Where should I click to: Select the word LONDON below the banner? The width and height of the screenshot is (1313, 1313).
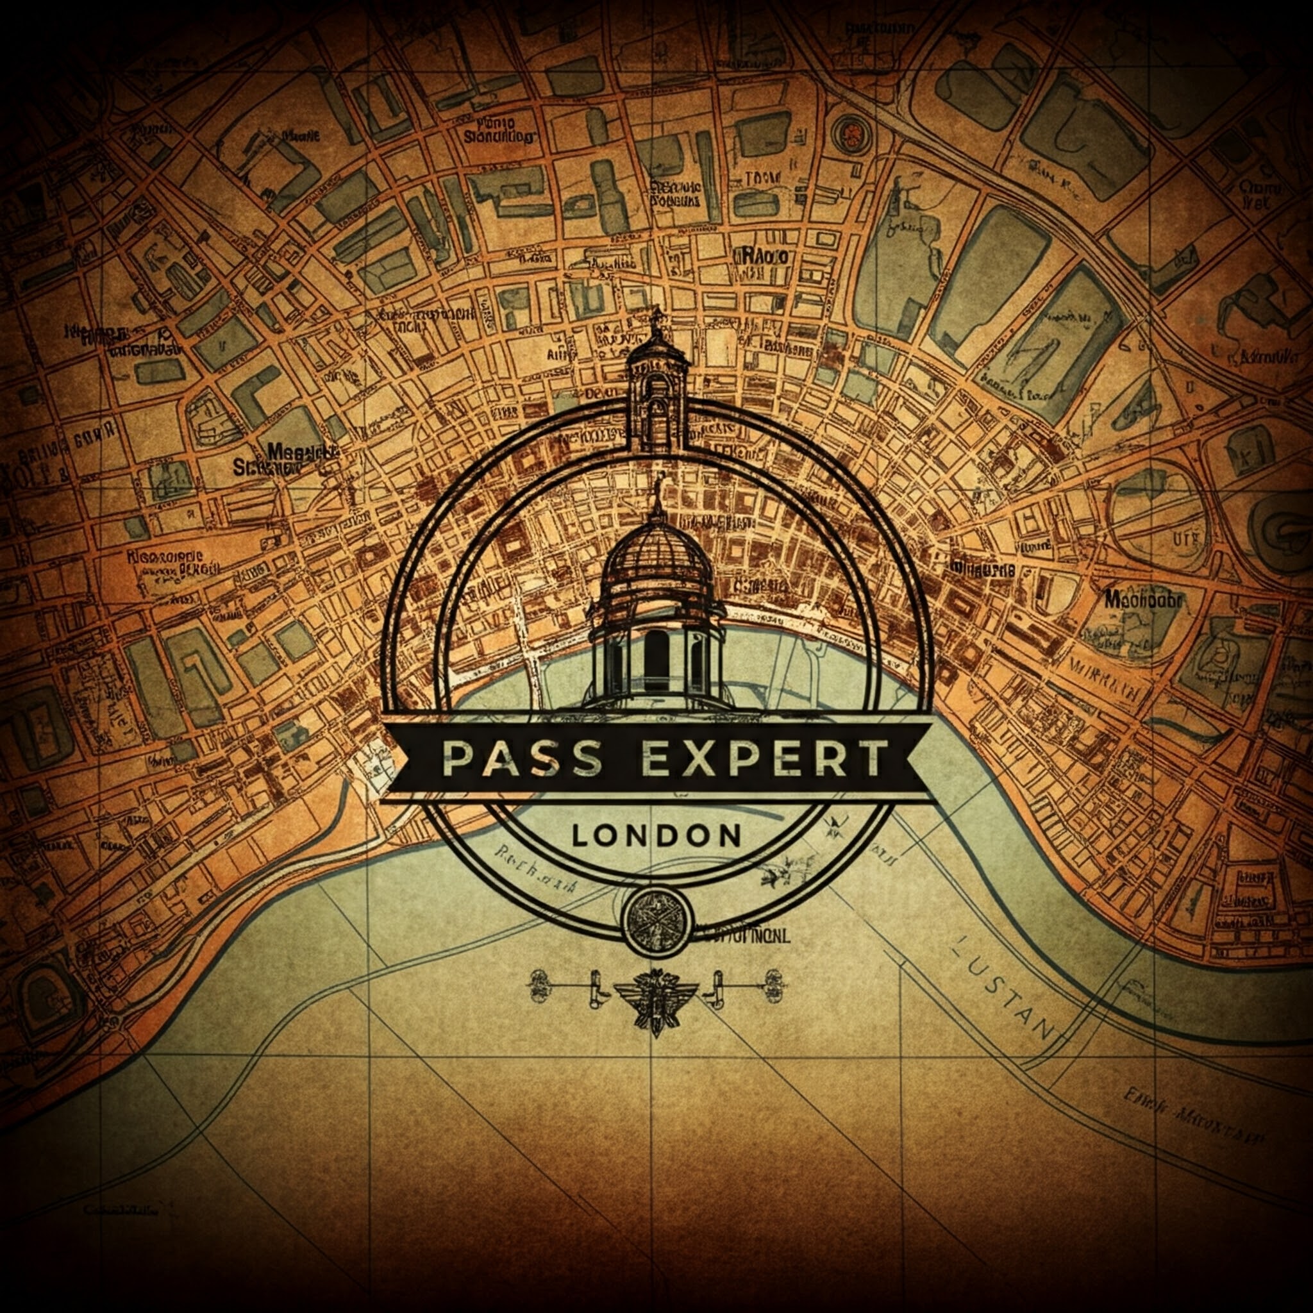click(x=656, y=836)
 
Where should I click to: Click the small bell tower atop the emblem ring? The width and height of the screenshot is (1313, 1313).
click(x=656, y=394)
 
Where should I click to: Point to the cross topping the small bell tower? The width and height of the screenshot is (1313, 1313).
click(x=656, y=316)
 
